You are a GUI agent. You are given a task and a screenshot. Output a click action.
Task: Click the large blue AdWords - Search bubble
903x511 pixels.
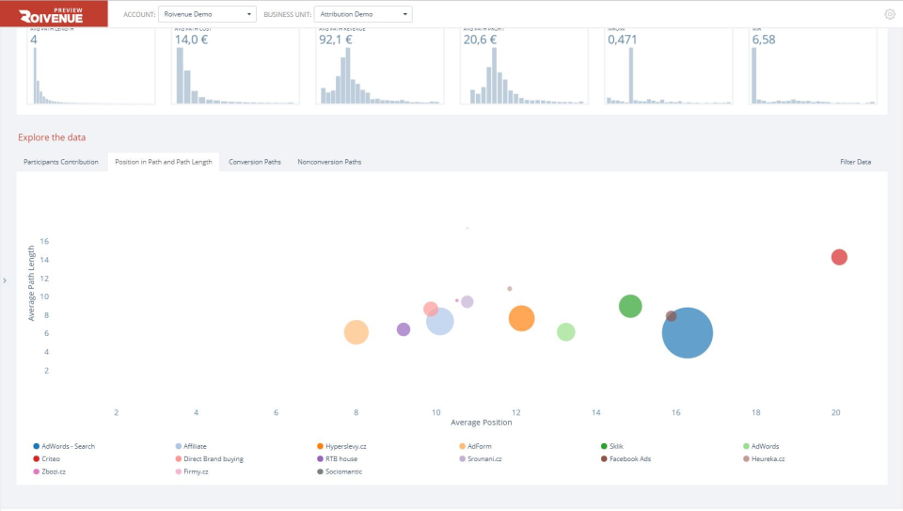(688, 332)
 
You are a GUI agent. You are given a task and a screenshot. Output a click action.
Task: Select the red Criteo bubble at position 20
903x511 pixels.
(839, 257)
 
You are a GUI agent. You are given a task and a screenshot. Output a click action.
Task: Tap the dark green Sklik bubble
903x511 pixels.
(630, 306)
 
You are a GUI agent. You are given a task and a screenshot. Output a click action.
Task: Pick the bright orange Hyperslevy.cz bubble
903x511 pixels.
(521, 318)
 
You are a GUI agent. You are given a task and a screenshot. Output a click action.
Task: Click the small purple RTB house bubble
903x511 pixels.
(404, 329)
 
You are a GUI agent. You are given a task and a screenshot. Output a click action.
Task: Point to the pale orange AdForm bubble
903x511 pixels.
(356, 331)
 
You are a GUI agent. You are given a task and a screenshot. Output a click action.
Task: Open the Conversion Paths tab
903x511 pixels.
(255, 162)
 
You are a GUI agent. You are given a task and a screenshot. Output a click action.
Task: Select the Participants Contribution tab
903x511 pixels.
(61, 162)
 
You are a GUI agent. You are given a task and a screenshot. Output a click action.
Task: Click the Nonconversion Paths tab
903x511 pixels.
(329, 162)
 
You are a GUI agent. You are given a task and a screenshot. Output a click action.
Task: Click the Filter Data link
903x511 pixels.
(855, 162)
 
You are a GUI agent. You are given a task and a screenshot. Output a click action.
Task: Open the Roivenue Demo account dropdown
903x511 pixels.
(206, 14)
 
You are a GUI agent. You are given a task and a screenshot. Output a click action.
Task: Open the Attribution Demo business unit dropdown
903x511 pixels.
(363, 14)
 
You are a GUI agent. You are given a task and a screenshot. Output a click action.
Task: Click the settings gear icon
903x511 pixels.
(889, 14)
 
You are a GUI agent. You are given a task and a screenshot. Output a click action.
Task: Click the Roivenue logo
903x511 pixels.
(54, 14)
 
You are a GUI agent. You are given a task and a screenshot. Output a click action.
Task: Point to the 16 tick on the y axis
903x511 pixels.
(43, 241)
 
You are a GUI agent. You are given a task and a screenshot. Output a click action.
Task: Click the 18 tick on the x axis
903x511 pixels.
(755, 412)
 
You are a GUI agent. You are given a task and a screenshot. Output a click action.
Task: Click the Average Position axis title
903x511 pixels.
(481, 423)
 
